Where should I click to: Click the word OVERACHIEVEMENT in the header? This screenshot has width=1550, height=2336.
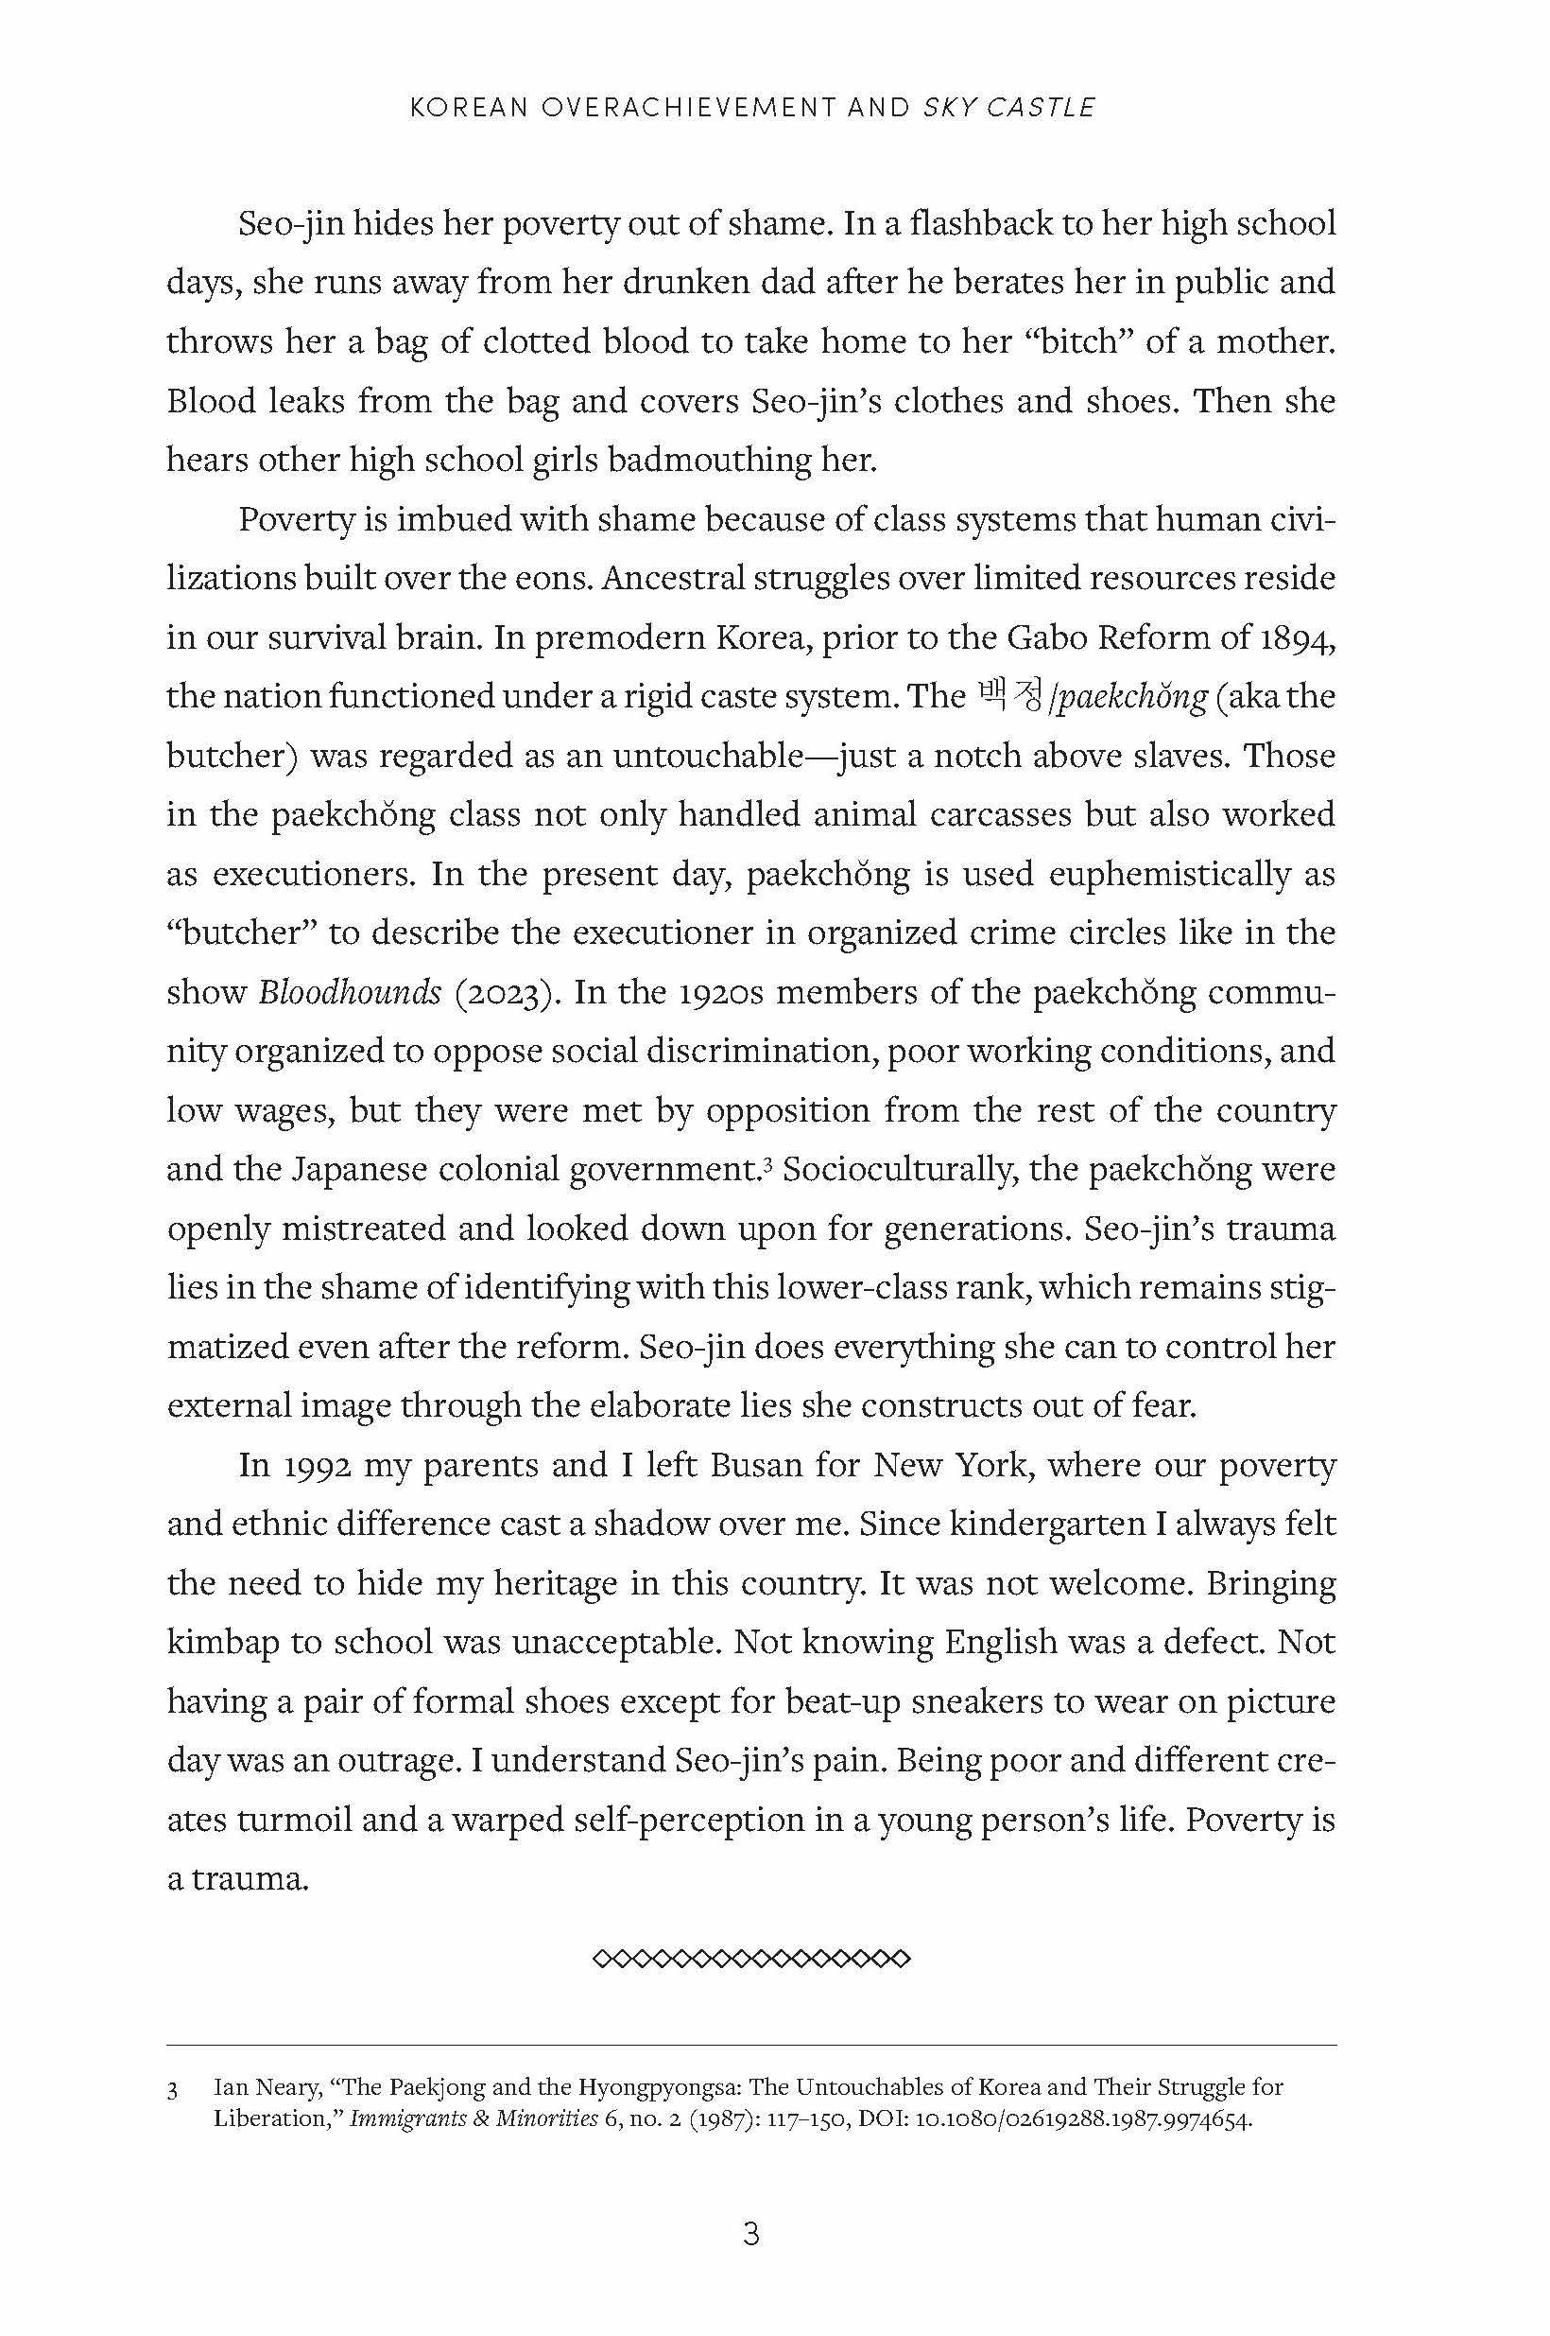pyautogui.click(x=688, y=108)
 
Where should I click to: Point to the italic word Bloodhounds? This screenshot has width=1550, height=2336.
pyautogui.click(x=350, y=992)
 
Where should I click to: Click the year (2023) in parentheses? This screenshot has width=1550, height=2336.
pyautogui.click(x=508, y=992)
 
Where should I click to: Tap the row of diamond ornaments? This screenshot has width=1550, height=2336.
pyautogui.click(x=751, y=1959)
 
